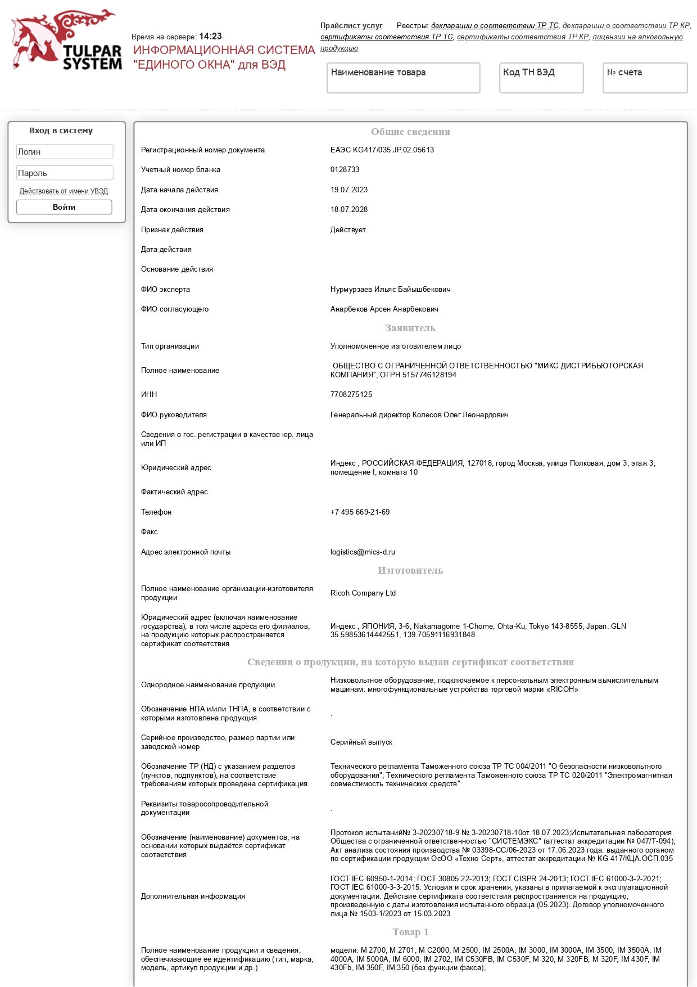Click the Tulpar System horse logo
click(x=66, y=39)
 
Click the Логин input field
click(x=65, y=152)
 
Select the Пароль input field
click(x=65, y=173)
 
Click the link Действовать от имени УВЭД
click(x=64, y=191)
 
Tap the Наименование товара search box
click(x=403, y=78)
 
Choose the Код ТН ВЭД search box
click(x=541, y=78)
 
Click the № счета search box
click(x=645, y=78)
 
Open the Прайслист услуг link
click(x=351, y=26)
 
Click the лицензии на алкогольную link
click(x=637, y=37)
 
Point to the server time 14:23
click(x=210, y=37)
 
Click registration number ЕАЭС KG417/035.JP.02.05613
click(x=382, y=150)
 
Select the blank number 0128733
click(x=345, y=170)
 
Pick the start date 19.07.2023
click(x=349, y=190)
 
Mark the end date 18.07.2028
click(x=349, y=210)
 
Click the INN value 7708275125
click(x=351, y=395)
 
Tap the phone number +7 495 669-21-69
click(x=360, y=512)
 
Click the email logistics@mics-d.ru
click(x=363, y=552)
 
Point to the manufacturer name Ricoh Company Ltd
click(x=363, y=593)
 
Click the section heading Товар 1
click(x=410, y=932)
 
